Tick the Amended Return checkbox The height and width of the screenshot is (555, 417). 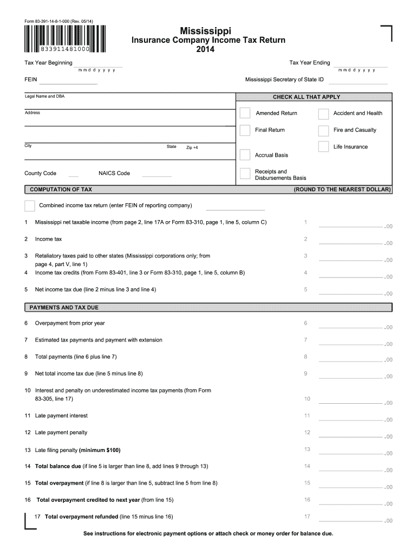coord(245,113)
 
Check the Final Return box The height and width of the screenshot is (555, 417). coord(245,130)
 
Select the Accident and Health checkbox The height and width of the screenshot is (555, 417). coord(323,113)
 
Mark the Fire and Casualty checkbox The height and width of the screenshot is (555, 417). coord(323,130)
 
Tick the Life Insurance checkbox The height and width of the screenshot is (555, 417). coord(323,146)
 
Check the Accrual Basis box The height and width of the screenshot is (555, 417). coord(245,155)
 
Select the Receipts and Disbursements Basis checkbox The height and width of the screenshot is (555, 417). coord(245,174)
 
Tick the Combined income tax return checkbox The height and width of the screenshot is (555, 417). coord(29,205)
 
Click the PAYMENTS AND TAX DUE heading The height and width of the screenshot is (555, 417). coord(64,307)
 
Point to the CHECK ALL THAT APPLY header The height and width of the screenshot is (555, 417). coord(314,97)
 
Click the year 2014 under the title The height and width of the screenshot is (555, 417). coord(205,49)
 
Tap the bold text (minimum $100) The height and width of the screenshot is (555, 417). coord(100,450)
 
